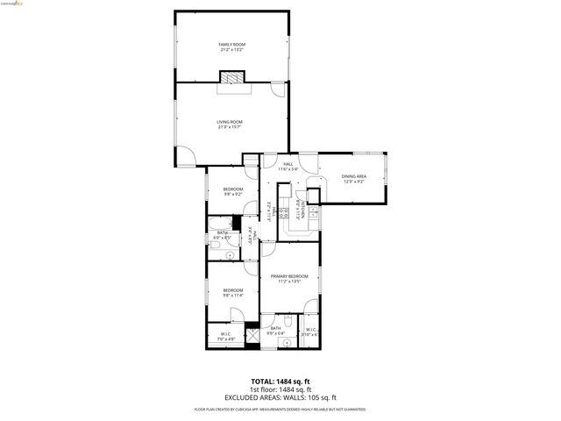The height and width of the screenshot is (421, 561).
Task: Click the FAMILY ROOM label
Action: click(231, 44)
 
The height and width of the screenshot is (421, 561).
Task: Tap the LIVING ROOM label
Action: click(231, 122)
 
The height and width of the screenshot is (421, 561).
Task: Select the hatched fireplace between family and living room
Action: click(232, 78)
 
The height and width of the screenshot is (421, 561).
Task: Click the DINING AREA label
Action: click(354, 176)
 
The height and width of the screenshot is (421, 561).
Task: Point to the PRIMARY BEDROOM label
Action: click(290, 276)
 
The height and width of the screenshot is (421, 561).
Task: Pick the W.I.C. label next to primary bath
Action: click(311, 331)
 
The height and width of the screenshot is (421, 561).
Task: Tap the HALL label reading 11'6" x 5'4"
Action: click(288, 166)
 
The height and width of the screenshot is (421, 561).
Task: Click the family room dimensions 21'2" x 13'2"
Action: click(231, 50)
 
